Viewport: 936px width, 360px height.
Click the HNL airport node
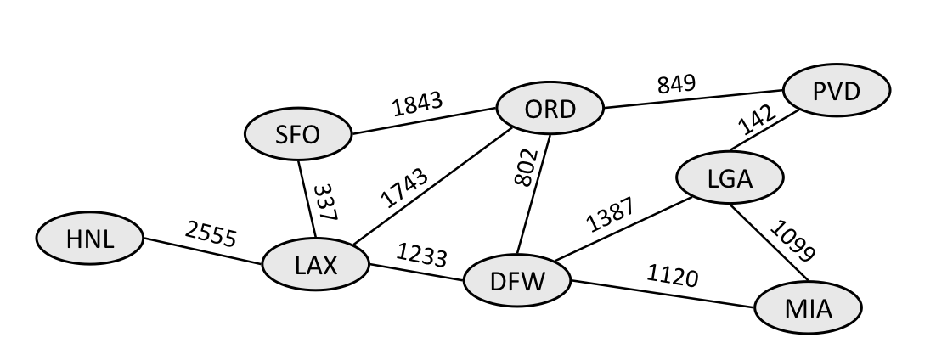(89, 240)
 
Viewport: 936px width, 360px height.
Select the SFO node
(297, 134)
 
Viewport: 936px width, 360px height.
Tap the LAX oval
(316, 265)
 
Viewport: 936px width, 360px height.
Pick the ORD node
(550, 110)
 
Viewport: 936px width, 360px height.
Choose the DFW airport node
(516, 281)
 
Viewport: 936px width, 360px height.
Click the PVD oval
(837, 90)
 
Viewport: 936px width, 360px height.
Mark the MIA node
(808, 307)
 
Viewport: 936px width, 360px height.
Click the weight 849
(677, 84)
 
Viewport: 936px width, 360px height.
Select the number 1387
(609, 217)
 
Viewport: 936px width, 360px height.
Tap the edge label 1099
(793, 241)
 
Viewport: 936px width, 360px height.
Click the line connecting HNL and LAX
(204, 252)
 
